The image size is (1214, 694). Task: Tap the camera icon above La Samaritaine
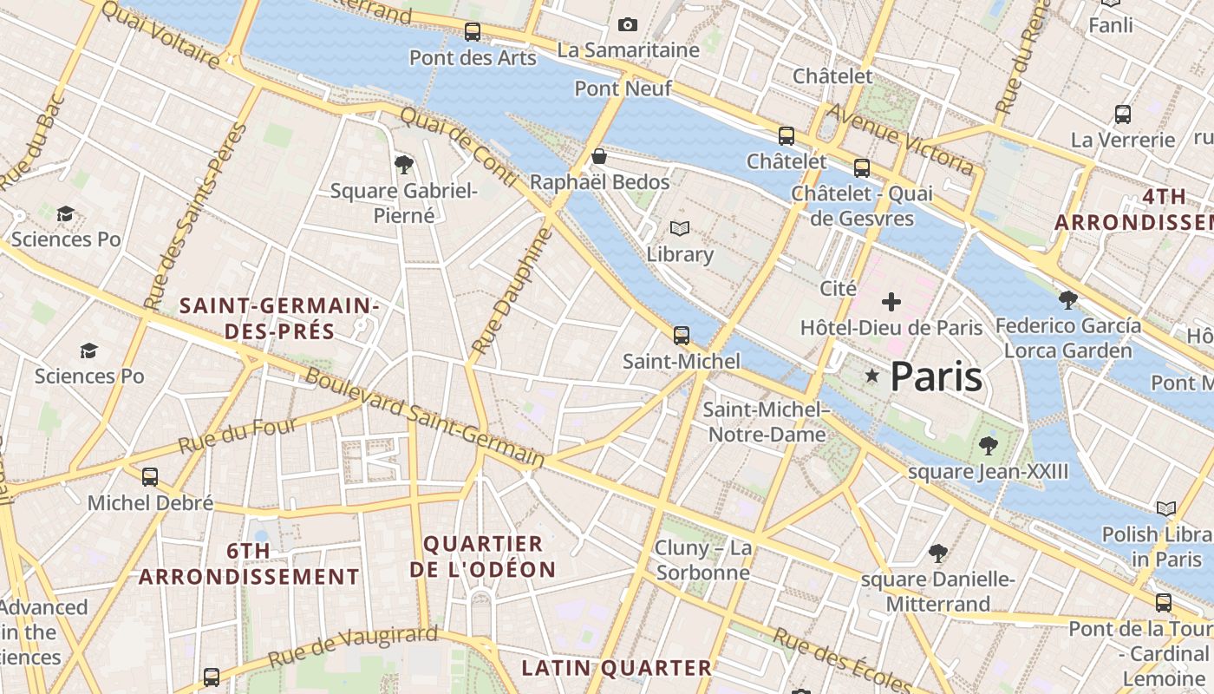tap(628, 25)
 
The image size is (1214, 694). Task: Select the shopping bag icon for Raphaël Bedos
tap(598, 156)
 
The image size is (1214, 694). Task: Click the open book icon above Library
tap(680, 229)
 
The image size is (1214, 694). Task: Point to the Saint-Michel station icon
tap(682, 335)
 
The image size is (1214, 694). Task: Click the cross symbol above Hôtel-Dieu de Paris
tap(891, 302)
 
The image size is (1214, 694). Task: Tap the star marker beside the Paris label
tap(872, 376)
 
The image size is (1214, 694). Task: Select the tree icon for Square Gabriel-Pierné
tap(403, 164)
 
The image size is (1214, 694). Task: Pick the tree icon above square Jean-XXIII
tap(988, 446)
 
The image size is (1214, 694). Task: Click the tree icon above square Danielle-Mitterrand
tap(937, 553)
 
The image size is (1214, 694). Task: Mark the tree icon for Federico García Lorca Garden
tap(1068, 300)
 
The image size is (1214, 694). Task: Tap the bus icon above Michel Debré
tap(150, 476)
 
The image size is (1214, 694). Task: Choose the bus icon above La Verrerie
tap(1123, 114)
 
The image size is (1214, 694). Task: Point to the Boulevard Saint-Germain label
tap(425, 418)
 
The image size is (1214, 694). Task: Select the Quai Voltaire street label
tap(161, 34)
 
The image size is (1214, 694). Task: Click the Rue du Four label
tap(238, 435)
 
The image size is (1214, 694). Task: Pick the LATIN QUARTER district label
tap(617, 668)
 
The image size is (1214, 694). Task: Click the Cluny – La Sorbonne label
tap(703, 560)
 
